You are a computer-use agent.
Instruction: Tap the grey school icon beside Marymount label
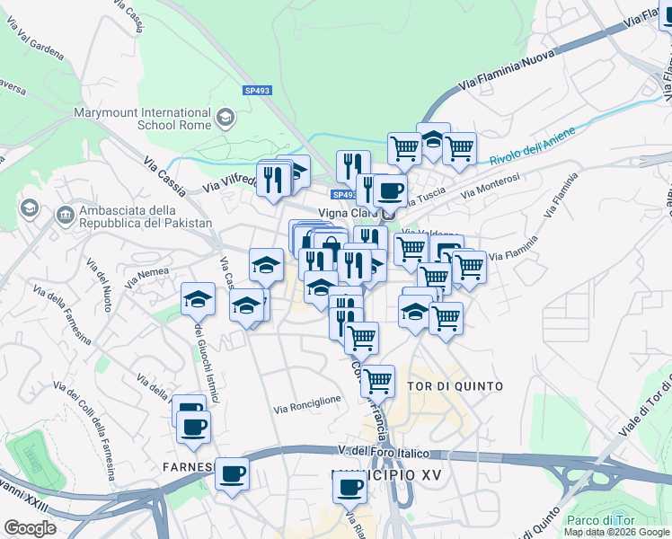tap(225, 117)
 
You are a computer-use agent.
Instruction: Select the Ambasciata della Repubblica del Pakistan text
tap(146, 216)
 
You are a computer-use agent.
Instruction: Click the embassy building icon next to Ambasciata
tap(65, 216)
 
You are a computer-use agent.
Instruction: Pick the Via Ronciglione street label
tap(307, 400)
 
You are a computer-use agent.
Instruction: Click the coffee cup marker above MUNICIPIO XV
tap(349, 487)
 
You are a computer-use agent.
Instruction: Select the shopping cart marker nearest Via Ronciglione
tap(377, 380)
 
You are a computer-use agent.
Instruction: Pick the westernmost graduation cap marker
tap(199, 299)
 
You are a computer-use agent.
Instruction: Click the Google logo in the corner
tap(30, 528)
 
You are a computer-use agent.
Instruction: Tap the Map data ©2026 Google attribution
tap(615, 532)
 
